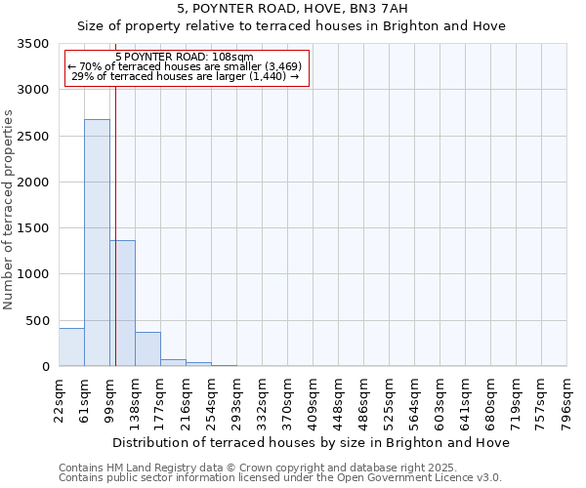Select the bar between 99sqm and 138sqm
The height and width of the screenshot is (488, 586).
click(x=122, y=303)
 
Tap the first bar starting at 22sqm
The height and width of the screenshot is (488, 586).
click(x=71, y=347)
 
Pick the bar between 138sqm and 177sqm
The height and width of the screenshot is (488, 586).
click(x=147, y=349)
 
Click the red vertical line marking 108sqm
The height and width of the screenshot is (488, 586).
click(x=115, y=224)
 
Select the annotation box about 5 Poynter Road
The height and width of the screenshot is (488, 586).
click(x=185, y=67)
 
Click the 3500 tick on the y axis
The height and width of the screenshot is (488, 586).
click(x=33, y=44)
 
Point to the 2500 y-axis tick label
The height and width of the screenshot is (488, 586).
click(x=33, y=137)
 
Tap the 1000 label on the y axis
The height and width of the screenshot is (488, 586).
click(x=33, y=274)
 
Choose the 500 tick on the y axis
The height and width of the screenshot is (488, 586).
click(x=37, y=321)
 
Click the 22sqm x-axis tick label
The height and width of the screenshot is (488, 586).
click(x=59, y=399)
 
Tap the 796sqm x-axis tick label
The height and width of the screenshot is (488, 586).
click(x=567, y=401)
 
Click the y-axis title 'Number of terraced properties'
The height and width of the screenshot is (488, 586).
click(x=9, y=209)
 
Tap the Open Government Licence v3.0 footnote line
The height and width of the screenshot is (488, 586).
click(x=279, y=478)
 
